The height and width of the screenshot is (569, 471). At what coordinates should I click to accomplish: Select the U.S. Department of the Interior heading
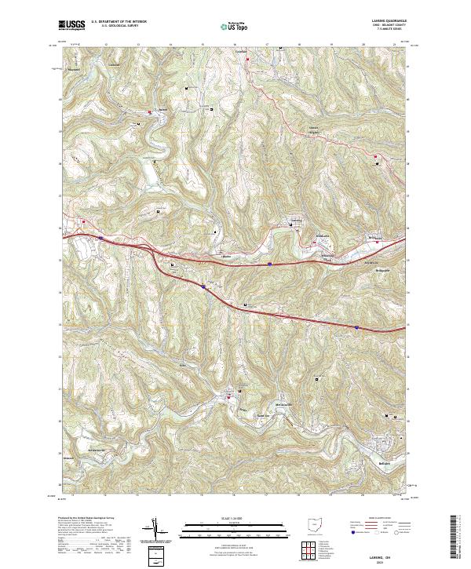119,20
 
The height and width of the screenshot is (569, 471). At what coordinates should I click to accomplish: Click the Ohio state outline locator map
314,527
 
